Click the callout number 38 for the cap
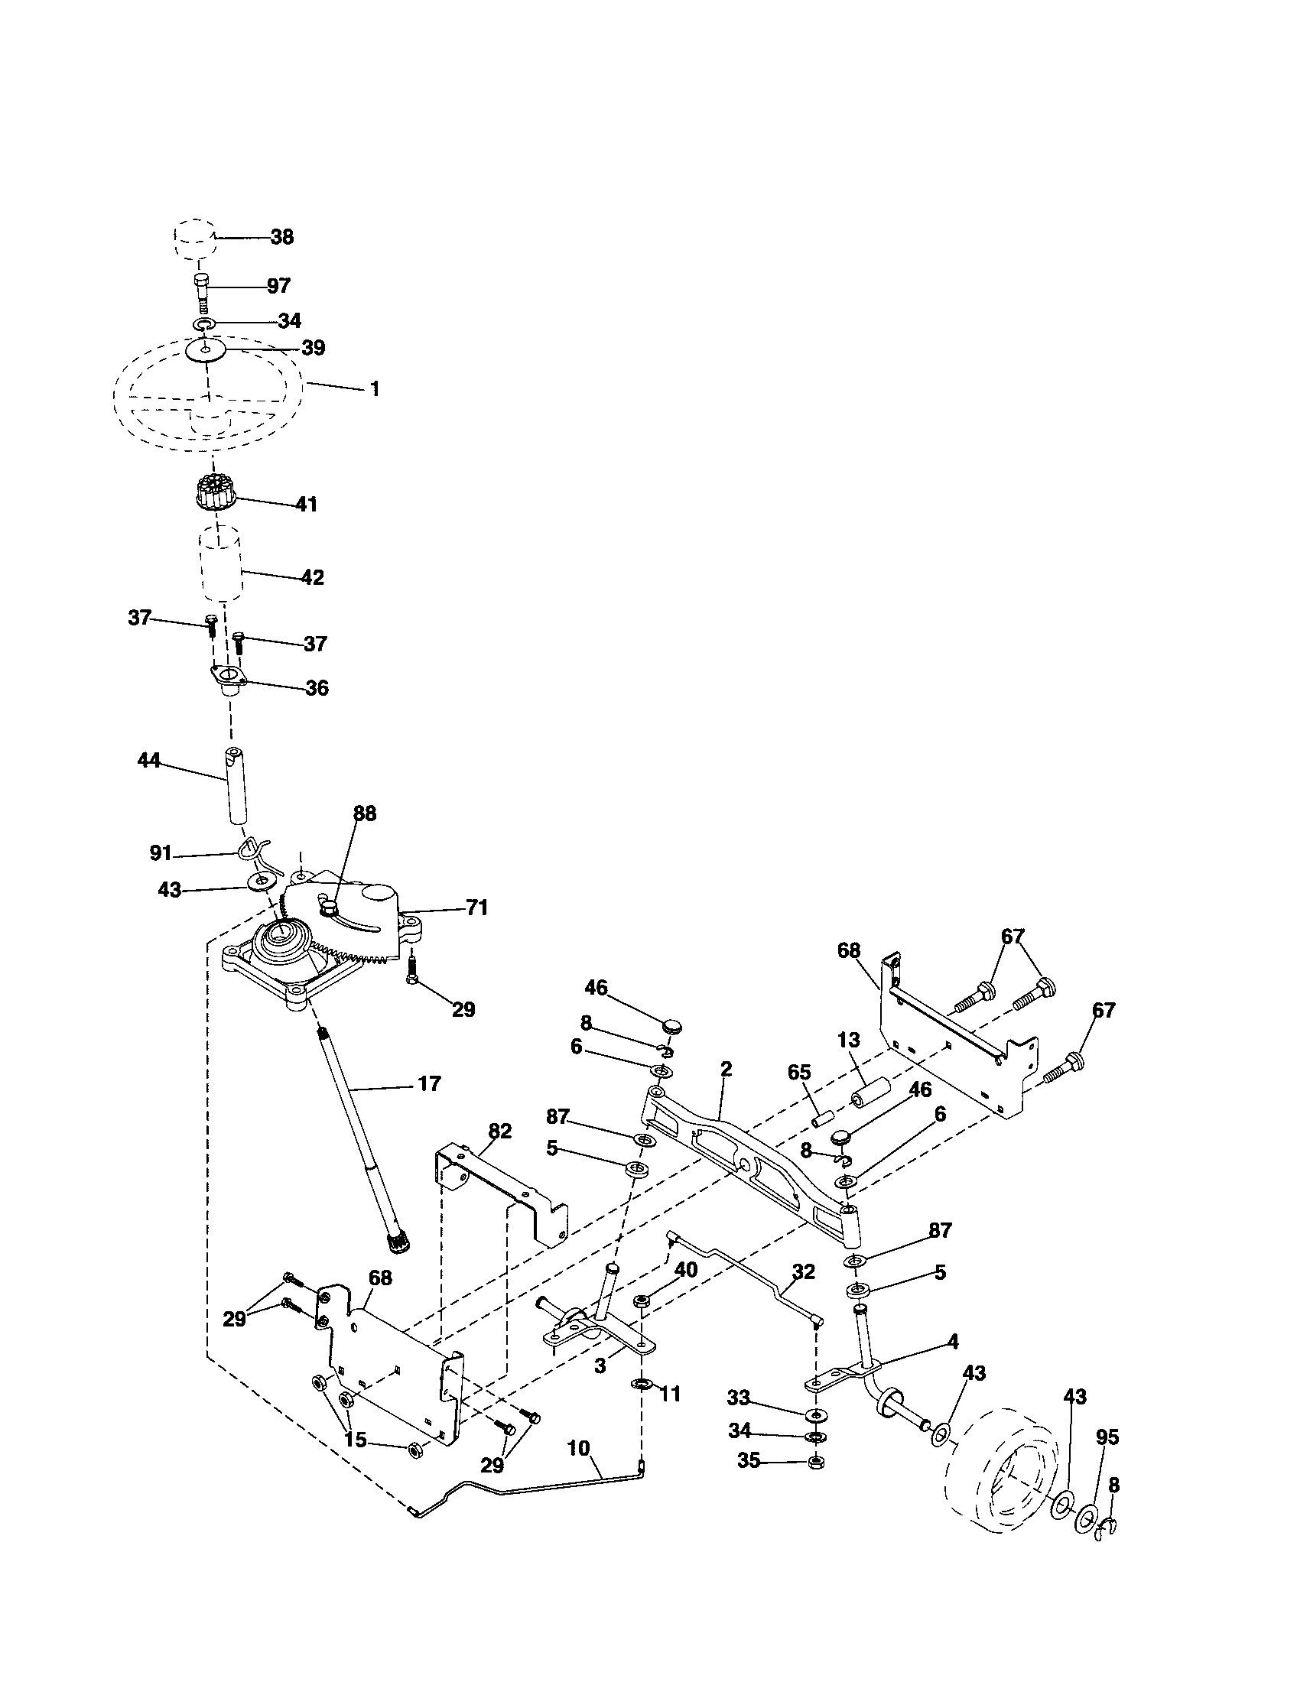[282, 237]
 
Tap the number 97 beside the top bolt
[278, 286]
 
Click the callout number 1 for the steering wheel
[374, 389]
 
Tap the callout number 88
[364, 813]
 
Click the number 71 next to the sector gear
[476, 908]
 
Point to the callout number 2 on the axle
[726, 1069]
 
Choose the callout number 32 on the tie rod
[802, 1271]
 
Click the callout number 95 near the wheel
[1107, 1437]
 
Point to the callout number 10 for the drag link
[578, 1447]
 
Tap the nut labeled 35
[814, 1463]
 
